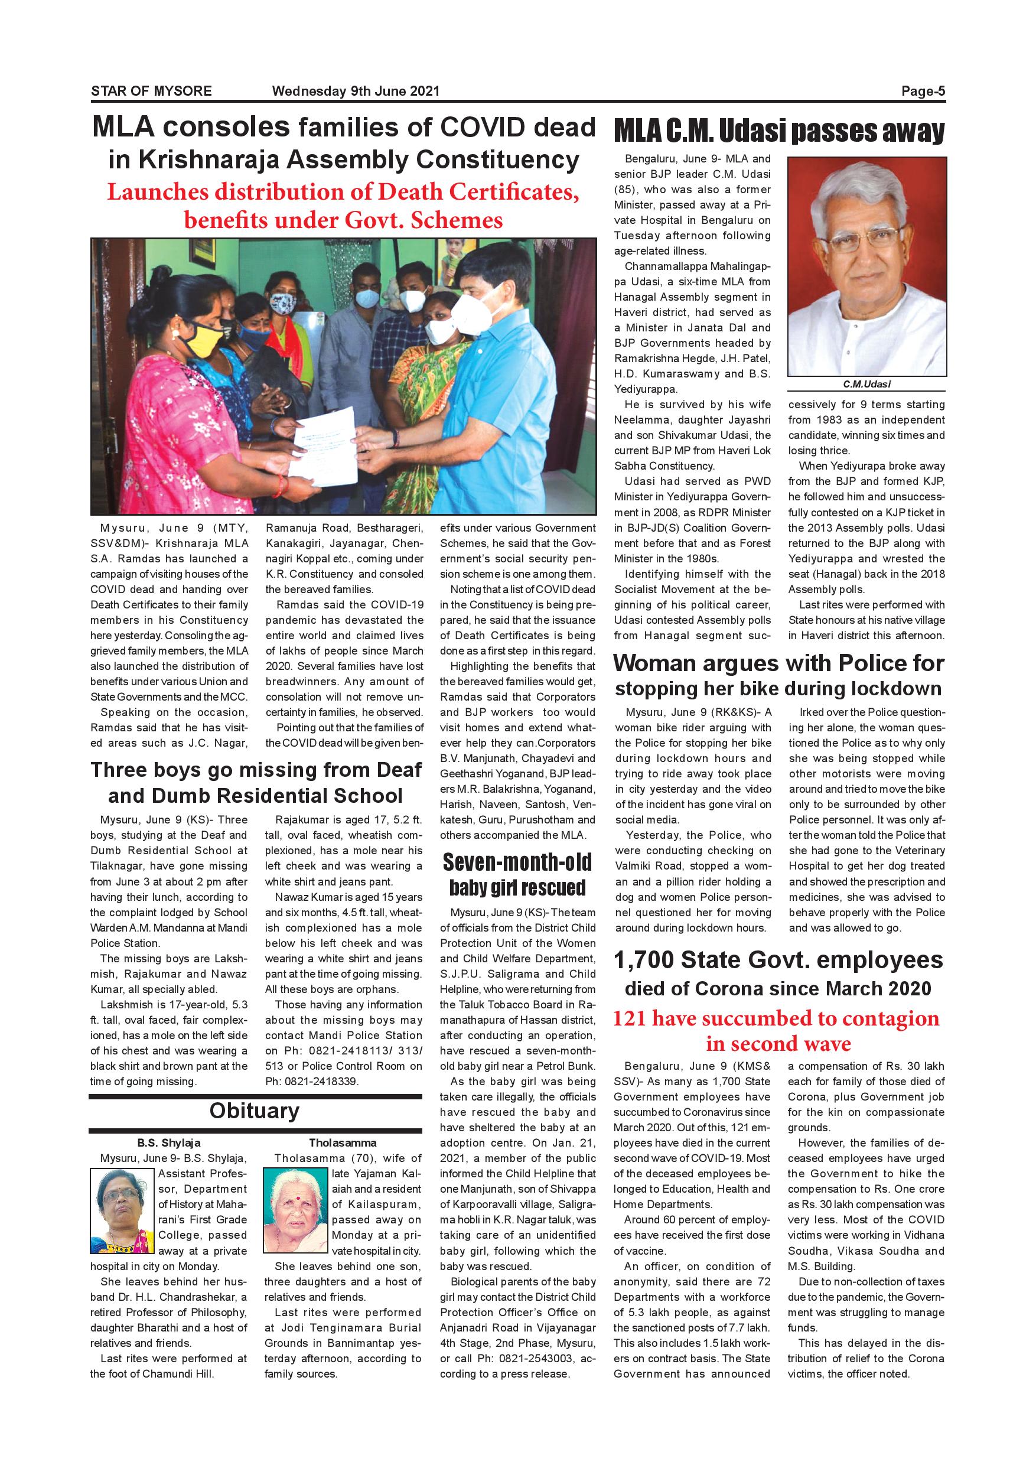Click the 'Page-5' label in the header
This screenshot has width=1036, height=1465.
[923, 91]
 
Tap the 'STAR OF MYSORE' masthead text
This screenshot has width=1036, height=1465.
[151, 91]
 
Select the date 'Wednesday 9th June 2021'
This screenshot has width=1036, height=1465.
[356, 91]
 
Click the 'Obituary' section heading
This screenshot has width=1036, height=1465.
[254, 1111]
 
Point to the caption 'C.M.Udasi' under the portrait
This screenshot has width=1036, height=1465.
[866, 384]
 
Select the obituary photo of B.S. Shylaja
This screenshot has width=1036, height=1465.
[122, 1210]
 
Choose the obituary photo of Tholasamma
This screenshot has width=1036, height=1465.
[297, 1210]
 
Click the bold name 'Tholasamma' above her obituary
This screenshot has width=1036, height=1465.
[343, 1143]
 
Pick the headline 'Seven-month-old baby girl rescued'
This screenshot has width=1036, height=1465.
[517, 875]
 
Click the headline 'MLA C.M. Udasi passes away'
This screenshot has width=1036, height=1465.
[779, 132]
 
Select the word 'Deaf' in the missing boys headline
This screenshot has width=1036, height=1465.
[399, 770]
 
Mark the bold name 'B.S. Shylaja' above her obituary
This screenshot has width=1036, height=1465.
[168, 1143]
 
